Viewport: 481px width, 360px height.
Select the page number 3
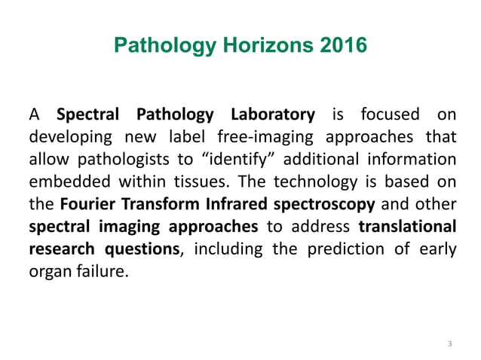click(x=449, y=344)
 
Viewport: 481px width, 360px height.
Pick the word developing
click(x=64, y=139)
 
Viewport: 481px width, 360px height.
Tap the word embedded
click(x=62, y=185)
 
